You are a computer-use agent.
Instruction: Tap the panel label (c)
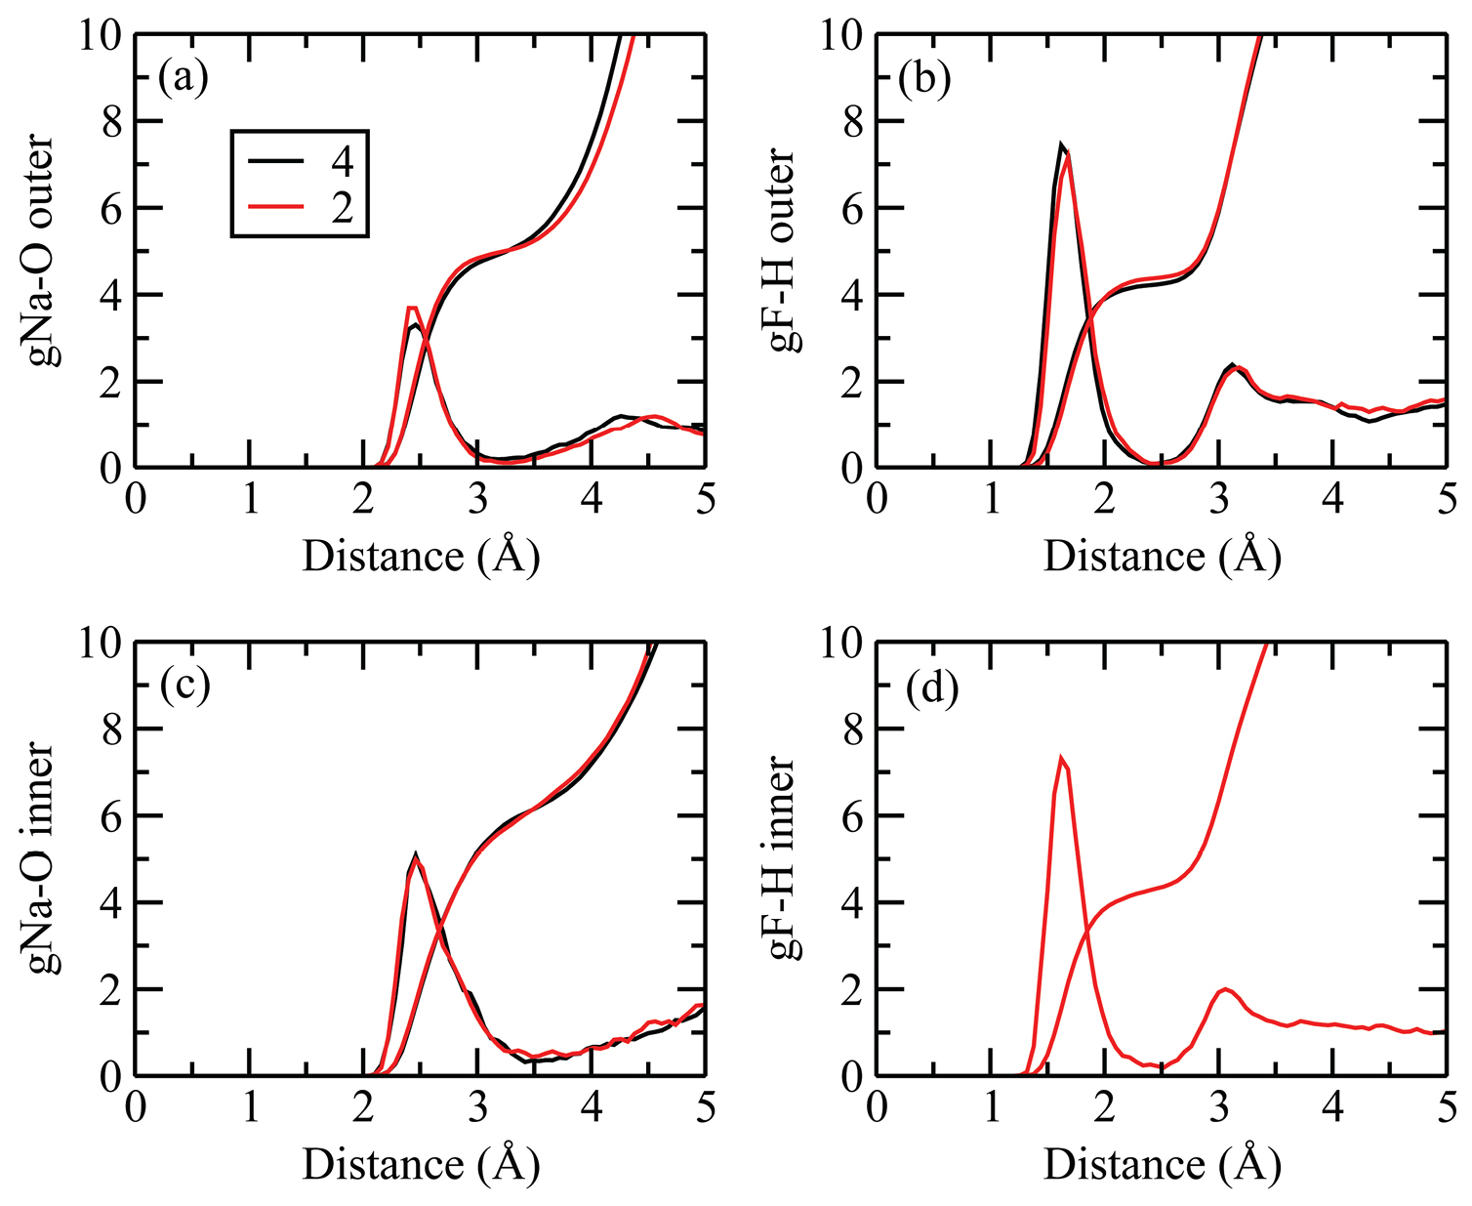click(184, 686)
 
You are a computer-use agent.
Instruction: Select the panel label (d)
click(931, 688)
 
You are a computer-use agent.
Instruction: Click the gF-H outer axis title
click(784, 251)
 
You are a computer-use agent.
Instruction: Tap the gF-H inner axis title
click(784, 859)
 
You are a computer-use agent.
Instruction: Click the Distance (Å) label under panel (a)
click(421, 557)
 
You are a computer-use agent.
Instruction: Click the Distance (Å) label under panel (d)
click(1162, 1164)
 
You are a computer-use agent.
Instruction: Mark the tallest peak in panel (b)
click(1061, 145)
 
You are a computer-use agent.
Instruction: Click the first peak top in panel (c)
click(416, 854)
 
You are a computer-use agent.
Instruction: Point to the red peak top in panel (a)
click(413, 308)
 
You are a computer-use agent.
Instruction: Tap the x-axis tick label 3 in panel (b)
click(1218, 500)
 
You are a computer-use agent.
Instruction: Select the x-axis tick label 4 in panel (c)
click(591, 1107)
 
